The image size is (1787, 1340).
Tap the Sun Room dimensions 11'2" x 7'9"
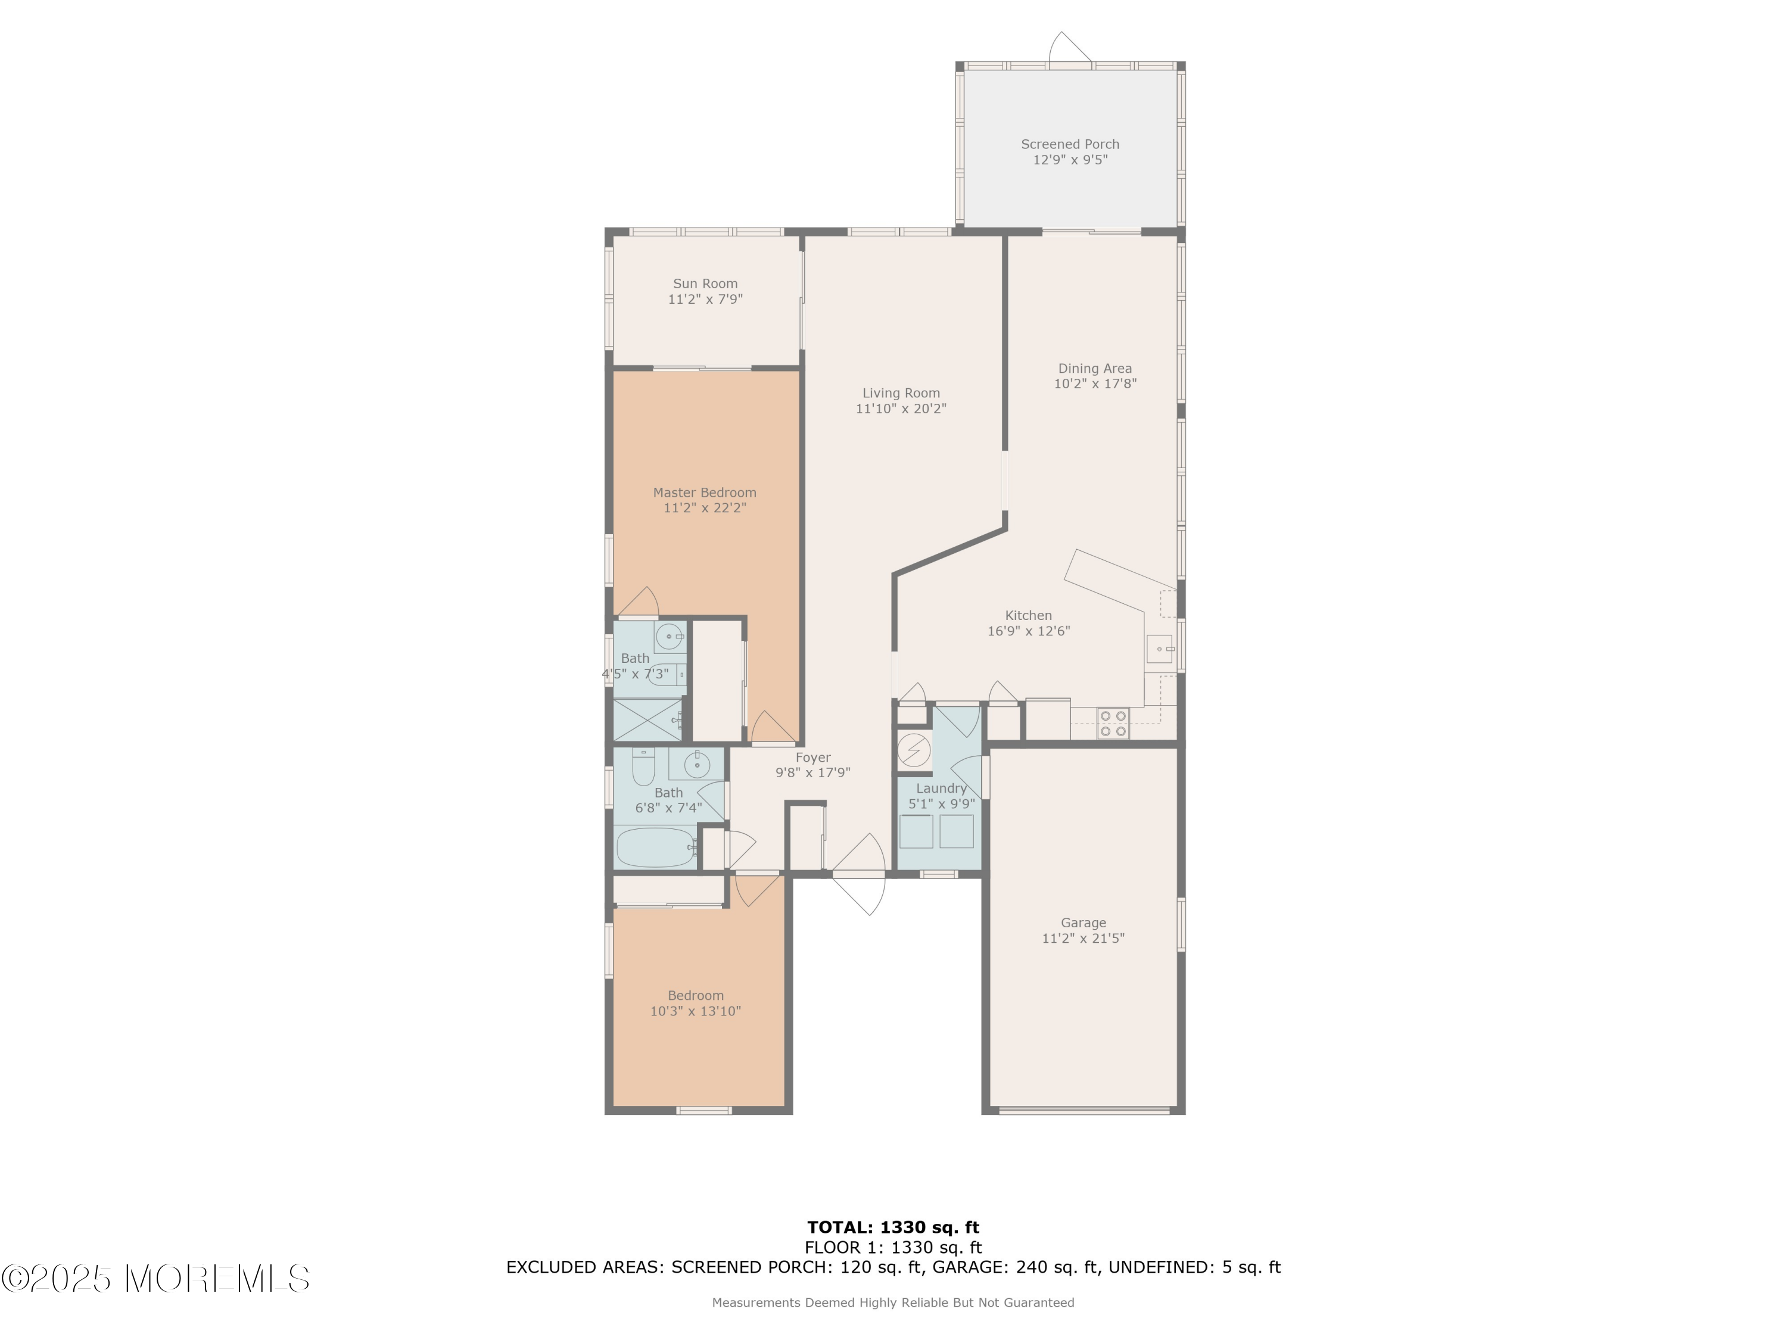pos(705,300)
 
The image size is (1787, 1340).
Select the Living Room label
pos(901,393)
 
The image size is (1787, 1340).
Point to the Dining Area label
pos(1095,368)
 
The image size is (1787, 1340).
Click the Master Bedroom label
pos(705,493)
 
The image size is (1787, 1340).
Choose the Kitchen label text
pos(1028,615)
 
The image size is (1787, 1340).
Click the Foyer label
pos(812,758)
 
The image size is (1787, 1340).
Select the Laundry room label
pos(941,789)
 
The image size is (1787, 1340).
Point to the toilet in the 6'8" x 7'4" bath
pos(643,768)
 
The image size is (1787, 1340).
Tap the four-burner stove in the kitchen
pos(1113,723)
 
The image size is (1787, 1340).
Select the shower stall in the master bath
pos(646,719)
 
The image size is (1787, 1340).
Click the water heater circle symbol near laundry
pos(914,751)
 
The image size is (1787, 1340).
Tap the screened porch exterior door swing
pos(1070,48)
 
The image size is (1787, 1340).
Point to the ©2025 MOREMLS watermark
pos(155,1279)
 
